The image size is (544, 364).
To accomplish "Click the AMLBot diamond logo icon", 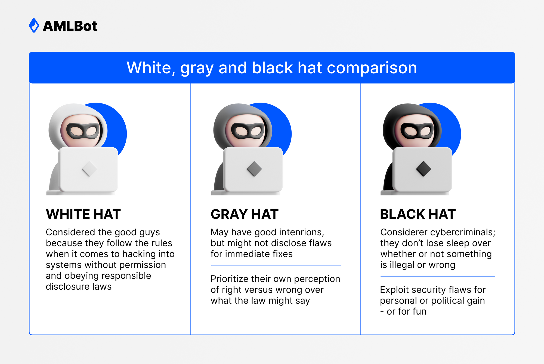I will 34,26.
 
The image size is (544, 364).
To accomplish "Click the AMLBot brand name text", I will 70,26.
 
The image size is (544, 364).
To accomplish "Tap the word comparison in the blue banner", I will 372,68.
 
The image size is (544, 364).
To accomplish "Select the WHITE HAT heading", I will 83,214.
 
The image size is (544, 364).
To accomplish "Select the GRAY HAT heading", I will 245,214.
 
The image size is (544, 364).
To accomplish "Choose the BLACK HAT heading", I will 418,214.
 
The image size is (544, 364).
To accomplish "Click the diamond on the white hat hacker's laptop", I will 89,169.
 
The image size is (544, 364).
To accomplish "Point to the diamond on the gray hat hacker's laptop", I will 254,169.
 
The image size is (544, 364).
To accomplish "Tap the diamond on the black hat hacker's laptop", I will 424,169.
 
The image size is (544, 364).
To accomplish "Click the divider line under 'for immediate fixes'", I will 276,266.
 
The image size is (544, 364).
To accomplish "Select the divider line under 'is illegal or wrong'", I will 437,276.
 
